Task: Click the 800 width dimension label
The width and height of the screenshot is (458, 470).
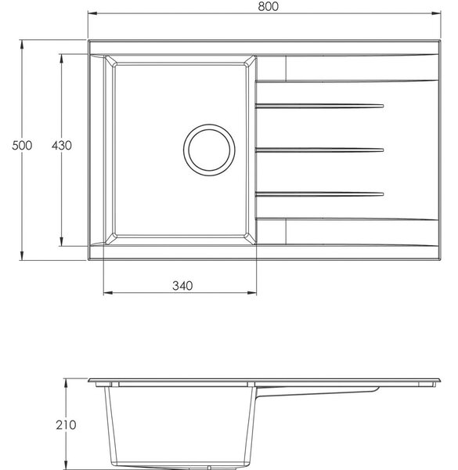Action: (268, 6)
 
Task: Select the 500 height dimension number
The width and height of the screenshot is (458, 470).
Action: (22, 146)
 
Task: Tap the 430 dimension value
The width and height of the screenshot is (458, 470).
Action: (61, 146)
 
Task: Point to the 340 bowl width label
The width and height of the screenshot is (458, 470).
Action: (182, 286)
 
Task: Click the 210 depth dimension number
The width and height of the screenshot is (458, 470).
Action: (66, 425)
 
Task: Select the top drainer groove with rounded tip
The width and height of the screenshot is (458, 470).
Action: (319, 106)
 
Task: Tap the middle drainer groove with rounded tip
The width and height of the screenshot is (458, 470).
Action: (319, 150)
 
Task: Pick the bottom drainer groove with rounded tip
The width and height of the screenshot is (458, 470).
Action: (319, 194)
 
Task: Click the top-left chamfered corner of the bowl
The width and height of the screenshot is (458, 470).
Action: (110, 61)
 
